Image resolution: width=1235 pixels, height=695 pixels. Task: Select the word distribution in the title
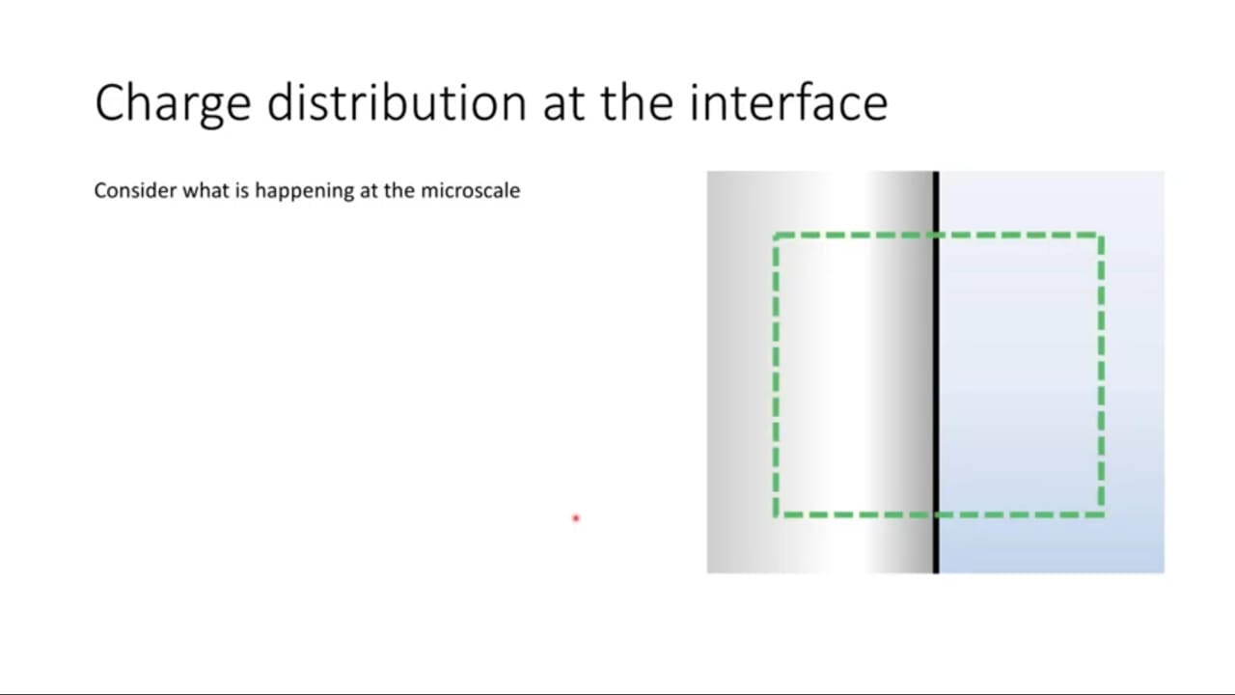[397, 102]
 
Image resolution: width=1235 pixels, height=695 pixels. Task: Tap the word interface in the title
[789, 102]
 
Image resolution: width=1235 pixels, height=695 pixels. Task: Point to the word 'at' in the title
[564, 106]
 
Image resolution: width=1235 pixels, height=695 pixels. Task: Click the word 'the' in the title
[638, 102]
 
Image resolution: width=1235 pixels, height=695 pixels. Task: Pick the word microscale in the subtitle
[470, 191]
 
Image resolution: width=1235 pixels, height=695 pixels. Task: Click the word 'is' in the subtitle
[242, 191]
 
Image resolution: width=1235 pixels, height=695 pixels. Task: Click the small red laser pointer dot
[576, 518]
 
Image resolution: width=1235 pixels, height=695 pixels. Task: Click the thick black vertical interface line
[936, 373]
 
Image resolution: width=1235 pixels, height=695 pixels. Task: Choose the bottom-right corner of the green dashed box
[1101, 514]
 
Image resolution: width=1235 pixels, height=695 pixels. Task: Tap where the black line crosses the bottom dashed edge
[936, 514]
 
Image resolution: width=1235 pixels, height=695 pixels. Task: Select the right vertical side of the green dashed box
[1101, 375]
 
